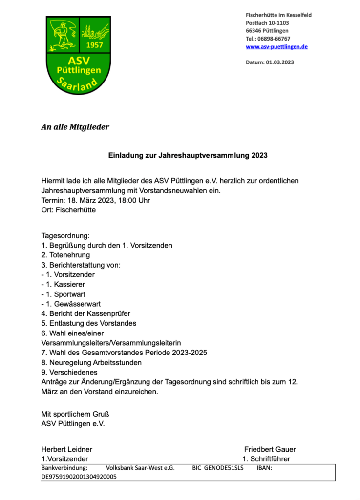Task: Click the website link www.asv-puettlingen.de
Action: (276, 47)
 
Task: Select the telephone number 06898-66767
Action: (274, 39)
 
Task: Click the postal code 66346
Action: (254, 31)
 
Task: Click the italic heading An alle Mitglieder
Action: (75, 127)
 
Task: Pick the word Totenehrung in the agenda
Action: (69, 255)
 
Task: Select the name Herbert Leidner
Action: (66, 449)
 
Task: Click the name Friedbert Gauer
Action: (270, 449)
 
